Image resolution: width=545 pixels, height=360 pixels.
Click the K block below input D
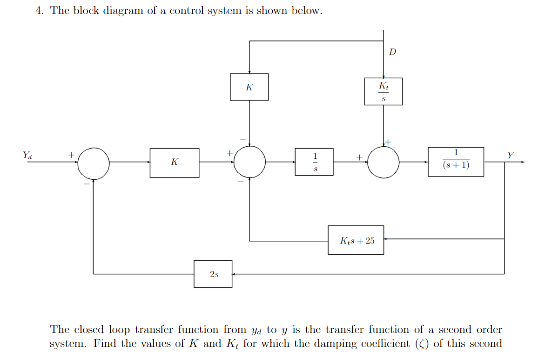click(249, 87)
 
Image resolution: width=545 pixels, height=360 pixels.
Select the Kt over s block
click(383, 91)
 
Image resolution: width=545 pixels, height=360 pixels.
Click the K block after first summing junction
click(175, 163)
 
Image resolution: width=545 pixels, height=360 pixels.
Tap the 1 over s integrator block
click(314, 162)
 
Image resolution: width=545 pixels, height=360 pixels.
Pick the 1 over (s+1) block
click(456, 162)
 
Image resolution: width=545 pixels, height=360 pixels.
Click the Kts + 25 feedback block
click(356, 240)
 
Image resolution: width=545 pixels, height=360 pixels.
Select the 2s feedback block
click(213, 274)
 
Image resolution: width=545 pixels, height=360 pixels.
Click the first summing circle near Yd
click(94, 163)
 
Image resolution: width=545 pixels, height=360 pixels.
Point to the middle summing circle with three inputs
click(249, 162)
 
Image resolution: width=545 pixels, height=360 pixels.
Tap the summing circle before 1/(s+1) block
click(383, 162)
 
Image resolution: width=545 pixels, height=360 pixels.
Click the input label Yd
click(27, 155)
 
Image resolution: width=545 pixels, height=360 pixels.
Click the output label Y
click(511, 155)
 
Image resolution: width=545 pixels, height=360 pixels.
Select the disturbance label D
click(392, 52)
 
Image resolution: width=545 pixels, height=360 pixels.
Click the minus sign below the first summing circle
click(87, 183)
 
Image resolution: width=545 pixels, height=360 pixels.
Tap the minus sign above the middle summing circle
click(242, 139)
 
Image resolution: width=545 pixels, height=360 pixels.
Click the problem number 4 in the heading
click(39, 11)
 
